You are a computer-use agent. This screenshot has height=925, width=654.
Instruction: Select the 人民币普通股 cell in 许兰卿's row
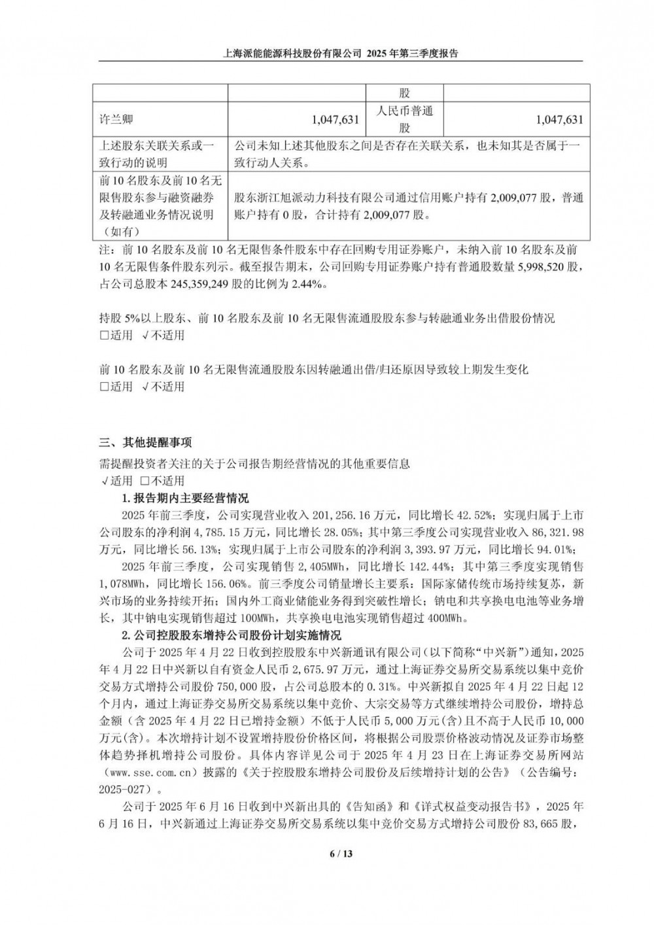pos(405,120)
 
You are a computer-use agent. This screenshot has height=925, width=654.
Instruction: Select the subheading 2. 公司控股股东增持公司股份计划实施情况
pos(232,635)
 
